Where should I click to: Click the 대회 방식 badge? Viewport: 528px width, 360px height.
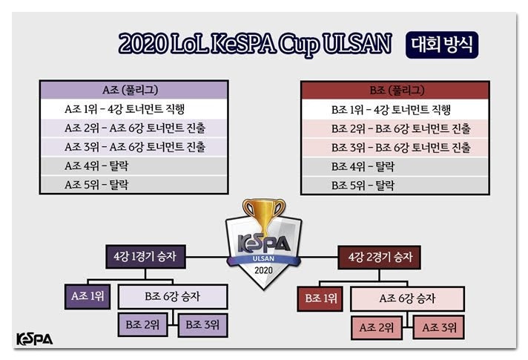pos(442,45)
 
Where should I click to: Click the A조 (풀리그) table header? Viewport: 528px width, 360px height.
pos(134,90)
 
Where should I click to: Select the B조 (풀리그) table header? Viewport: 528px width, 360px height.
pos(395,91)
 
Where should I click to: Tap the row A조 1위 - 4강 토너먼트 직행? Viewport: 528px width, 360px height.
pos(134,109)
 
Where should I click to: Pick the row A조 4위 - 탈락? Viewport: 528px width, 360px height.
pos(134,166)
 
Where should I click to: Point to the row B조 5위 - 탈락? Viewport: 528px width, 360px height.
pos(395,185)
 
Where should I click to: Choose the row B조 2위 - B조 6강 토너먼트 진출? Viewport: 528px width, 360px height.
pos(395,128)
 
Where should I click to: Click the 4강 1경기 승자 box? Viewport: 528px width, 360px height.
pos(145,257)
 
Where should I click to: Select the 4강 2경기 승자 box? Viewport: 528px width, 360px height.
pos(380,258)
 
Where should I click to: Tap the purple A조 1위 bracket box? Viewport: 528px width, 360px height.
pos(88,297)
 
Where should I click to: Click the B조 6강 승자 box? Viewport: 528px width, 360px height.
pos(173,297)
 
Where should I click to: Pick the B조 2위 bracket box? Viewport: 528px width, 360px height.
pos(142,325)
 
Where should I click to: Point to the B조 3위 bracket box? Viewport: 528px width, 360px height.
pos(202,325)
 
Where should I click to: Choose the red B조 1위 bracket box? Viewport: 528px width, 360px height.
pos(320,298)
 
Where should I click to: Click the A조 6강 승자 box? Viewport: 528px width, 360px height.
pos(407,298)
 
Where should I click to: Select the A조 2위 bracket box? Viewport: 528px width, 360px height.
pos(377,327)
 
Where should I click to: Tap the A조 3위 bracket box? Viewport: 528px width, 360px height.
pos(439,327)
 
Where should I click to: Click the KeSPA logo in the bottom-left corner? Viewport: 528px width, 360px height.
pos(35,339)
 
